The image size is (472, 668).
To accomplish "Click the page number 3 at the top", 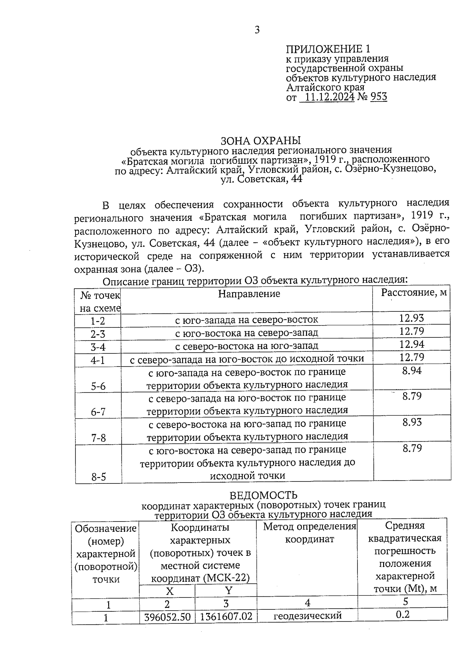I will pyautogui.click(x=257, y=30).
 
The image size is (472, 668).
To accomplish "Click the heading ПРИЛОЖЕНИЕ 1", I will pyautogui.click(x=328, y=49).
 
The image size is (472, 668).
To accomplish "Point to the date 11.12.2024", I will pyautogui.click(x=329, y=97).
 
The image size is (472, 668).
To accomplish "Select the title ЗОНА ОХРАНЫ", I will pyautogui.click(x=260, y=141).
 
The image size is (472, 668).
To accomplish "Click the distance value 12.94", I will pyautogui.click(x=412, y=344).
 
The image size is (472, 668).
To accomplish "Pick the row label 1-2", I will pyautogui.click(x=98, y=321).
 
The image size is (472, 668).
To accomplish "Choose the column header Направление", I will pyautogui.click(x=249, y=294).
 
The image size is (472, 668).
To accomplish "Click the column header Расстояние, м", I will pyautogui.click(x=414, y=293).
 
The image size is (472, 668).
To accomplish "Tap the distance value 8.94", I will pyautogui.click(x=412, y=370).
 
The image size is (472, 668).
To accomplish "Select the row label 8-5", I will pyautogui.click(x=98, y=477).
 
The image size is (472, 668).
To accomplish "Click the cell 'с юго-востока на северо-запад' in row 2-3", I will pyautogui.click(x=247, y=333).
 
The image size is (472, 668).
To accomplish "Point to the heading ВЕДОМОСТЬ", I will pyautogui.click(x=263, y=495).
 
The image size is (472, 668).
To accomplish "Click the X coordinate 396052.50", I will pyautogui.click(x=167, y=617).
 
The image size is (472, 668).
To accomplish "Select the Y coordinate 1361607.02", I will pyautogui.click(x=226, y=616).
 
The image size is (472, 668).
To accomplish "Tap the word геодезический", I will pyautogui.click(x=308, y=616).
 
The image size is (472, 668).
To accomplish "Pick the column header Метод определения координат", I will pyautogui.click(x=309, y=533).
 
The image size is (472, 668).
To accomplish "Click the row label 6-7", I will pyautogui.click(x=98, y=412).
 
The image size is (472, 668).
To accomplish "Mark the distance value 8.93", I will pyautogui.click(x=412, y=422).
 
